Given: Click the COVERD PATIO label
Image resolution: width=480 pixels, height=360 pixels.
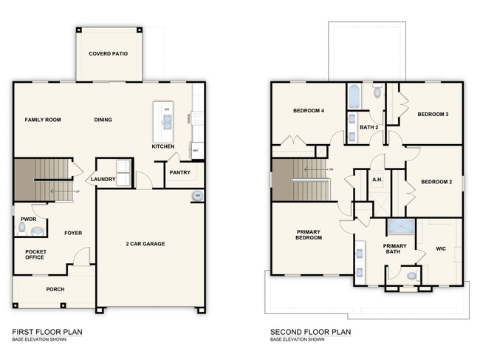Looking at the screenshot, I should pyautogui.click(x=109, y=54).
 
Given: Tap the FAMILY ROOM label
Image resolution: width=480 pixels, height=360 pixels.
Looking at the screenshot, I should pyautogui.click(x=42, y=120).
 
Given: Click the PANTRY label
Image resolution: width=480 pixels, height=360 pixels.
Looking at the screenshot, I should pyautogui.click(x=179, y=173).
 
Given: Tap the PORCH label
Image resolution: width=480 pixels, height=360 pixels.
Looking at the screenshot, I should pyautogui.click(x=55, y=289).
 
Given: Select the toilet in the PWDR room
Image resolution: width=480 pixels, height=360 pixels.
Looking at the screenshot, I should pyautogui.click(x=23, y=230).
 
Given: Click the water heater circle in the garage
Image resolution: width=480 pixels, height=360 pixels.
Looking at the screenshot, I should pyautogui.click(x=196, y=196).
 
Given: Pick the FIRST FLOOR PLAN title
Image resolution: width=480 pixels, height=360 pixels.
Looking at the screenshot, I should pyautogui.click(x=47, y=332).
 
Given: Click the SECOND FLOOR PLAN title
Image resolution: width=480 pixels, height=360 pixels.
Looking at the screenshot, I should pyautogui.click(x=310, y=332).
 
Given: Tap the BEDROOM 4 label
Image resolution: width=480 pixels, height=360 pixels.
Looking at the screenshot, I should pyautogui.click(x=309, y=111).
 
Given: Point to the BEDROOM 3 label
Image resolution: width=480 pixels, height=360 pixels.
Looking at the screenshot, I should pyautogui.click(x=433, y=114).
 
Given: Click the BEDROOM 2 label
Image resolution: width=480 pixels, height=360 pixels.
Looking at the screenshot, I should pyautogui.click(x=436, y=182).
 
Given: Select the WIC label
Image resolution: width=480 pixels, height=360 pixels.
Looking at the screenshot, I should pyautogui.click(x=442, y=248).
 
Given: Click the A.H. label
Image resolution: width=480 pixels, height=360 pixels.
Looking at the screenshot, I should pyautogui.click(x=377, y=180).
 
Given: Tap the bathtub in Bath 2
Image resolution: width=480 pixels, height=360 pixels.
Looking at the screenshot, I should pyautogui.click(x=354, y=95).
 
